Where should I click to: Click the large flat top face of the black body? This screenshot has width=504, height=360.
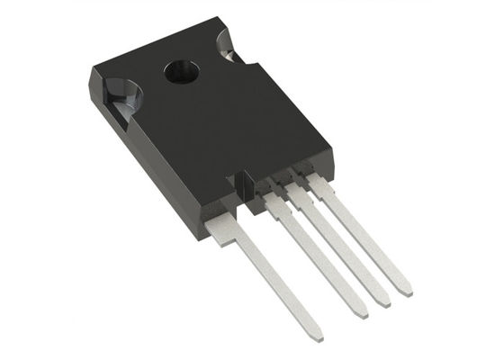point(225,117)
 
